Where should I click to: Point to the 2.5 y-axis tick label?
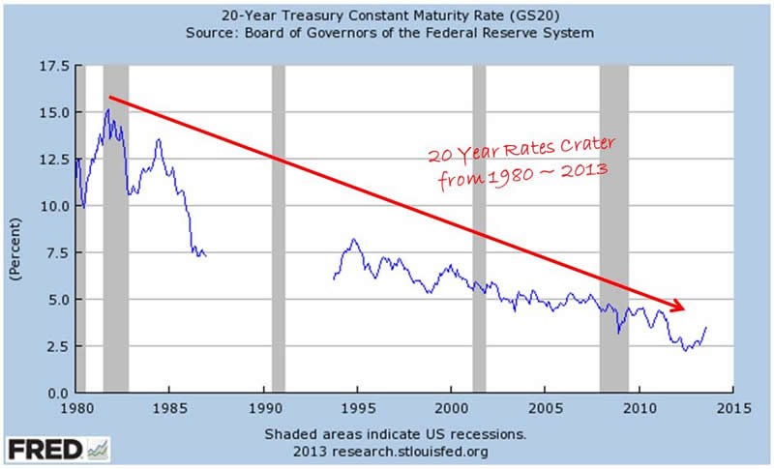55,346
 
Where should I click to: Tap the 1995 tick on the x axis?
357,408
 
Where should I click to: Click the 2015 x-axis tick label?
731,408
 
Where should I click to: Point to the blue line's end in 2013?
706,327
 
